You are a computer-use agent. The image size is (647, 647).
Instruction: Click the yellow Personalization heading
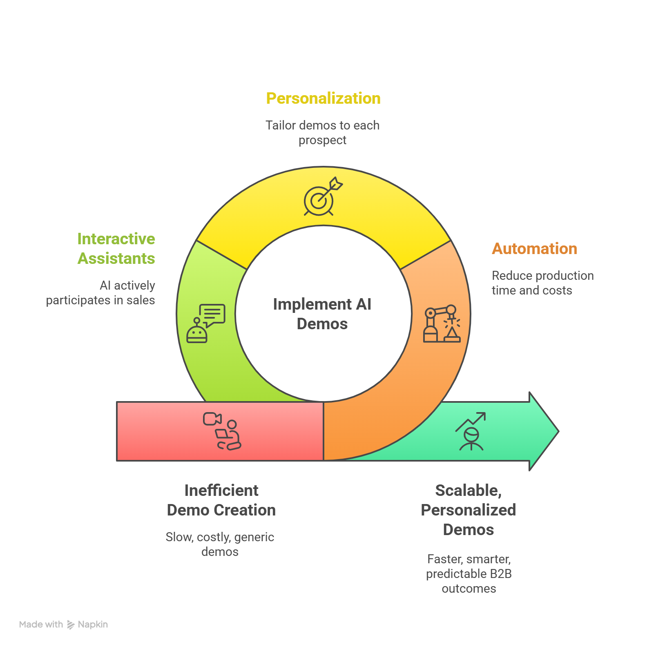pos(323,98)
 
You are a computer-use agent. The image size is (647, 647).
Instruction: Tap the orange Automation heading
pos(534,249)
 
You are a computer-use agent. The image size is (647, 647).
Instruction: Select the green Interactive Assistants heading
pos(116,249)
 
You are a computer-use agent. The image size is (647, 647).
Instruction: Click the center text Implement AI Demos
pos(322,314)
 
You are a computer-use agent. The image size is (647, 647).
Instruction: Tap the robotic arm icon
pos(442,323)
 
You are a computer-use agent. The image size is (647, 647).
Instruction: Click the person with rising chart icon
pos(471,431)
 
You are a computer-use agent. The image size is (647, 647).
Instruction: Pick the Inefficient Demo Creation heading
pos(221,500)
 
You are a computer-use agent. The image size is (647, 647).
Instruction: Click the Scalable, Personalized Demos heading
pos(469,510)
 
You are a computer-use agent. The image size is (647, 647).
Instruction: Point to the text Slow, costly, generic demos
pos(220,544)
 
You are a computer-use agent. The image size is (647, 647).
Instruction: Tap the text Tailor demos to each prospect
pos(322,133)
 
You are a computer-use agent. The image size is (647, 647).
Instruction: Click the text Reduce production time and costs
pos(542,283)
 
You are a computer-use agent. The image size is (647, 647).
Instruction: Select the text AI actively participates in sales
pos(101,293)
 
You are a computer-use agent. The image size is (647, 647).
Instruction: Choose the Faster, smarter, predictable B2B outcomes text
pos(469,574)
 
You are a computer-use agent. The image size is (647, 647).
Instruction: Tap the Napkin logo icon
pos(71,625)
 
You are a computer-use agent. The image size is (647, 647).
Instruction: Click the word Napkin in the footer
pos(93,625)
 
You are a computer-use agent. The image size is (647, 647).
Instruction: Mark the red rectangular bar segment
pos(163,431)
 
